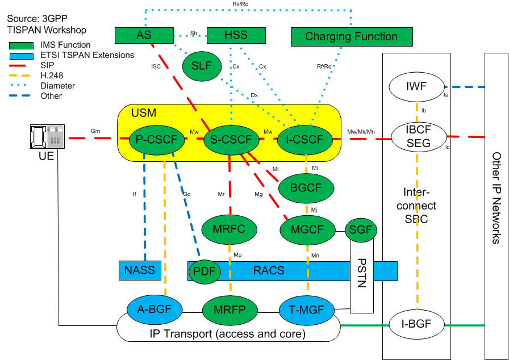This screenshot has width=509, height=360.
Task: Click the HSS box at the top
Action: click(x=236, y=35)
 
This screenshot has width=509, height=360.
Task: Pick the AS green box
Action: click(x=144, y=35)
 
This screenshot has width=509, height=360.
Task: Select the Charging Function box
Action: click(x=351, y=37)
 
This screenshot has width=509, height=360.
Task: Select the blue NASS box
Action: click(x=140, y=270)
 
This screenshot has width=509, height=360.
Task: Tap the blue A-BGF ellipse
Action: click(x=155, y=309)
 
